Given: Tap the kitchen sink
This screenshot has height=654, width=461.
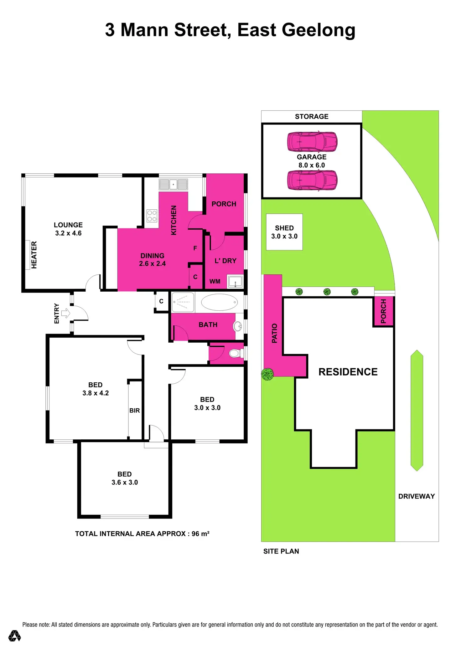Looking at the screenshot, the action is (173, 184).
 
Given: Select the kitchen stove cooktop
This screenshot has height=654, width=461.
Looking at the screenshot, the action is (152, 216).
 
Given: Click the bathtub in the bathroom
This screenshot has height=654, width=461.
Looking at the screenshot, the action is (219, 302).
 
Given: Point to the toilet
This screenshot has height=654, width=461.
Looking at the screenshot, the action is (235, 353).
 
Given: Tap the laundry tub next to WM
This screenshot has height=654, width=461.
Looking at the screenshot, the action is (235, 282).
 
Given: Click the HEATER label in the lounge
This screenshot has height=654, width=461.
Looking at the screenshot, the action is (34, 255).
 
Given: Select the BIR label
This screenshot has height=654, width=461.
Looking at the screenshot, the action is (135, 410).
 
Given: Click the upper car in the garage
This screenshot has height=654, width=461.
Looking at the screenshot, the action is (312, 142).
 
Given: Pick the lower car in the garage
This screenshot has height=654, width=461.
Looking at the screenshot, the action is (312, 180).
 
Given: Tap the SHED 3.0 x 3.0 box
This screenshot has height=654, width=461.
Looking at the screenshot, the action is (284, 232).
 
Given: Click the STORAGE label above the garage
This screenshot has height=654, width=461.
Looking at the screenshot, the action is (312, 116).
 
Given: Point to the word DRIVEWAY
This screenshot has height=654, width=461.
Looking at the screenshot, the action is (416, 496).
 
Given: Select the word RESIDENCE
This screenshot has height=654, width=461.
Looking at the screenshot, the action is (348, 372).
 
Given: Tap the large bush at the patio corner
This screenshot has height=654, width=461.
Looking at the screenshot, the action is (267, 374).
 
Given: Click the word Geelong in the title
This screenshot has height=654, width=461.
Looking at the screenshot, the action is (319, 30).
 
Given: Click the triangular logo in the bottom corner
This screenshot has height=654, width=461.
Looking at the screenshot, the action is (14, 636).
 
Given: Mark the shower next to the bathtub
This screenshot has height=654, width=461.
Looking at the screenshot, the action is (183, 302).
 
